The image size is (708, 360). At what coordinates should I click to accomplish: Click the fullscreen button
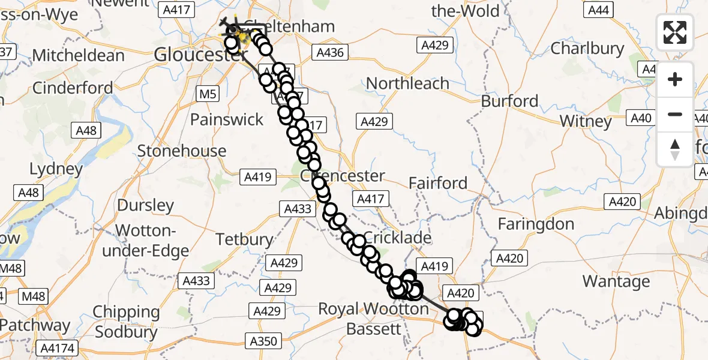coord(675,32)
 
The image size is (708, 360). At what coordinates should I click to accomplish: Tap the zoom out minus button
coord(675,114)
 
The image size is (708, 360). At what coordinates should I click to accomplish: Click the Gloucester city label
coord(193,55)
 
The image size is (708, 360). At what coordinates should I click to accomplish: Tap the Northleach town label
coord(407,83)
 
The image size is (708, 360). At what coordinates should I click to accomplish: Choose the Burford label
coord(509,101)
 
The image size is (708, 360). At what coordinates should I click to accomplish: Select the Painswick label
coord(227,119)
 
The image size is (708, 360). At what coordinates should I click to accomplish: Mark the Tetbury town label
coord(244,239)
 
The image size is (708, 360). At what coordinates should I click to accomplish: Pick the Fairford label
coord(437,183)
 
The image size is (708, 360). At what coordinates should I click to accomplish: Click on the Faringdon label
coord(536,224)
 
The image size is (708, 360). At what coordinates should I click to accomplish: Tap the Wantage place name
coord(616,281)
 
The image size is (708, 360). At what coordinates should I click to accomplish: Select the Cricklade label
coord(397,238)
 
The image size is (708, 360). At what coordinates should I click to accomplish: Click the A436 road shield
coord(329,53)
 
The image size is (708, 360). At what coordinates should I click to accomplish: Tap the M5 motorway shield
coord(208,94)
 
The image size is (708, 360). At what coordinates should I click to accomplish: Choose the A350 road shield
coord(263,341)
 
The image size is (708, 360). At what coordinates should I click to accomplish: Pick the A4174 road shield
coord(56,348)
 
